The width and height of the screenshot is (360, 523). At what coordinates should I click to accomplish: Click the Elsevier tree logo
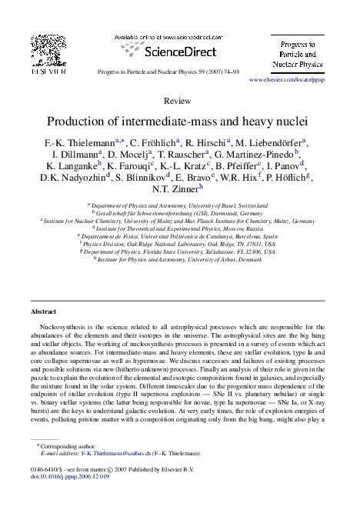(x=38, y=47)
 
